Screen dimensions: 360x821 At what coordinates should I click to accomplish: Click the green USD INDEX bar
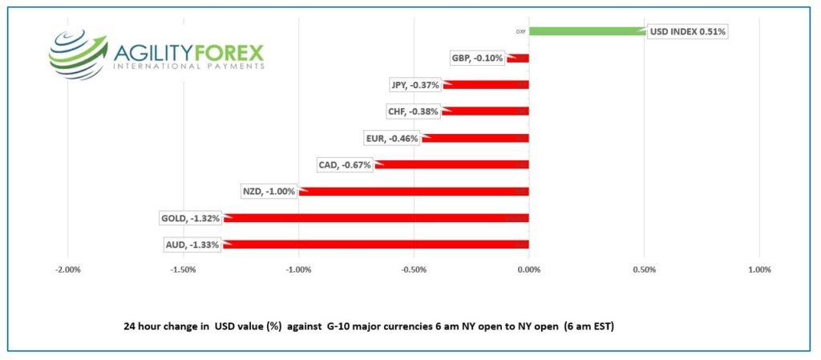(x=587, y=31)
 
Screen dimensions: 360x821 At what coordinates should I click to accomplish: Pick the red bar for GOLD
(x=377, y=218)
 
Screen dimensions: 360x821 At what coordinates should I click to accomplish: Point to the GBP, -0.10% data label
(x=479, y=58)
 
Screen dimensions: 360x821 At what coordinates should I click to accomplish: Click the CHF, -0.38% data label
(x=413, y=111)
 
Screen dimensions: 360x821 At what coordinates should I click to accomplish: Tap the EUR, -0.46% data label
(x=393, y=139)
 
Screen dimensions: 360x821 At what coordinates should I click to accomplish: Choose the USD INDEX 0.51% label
(x=688, y=32)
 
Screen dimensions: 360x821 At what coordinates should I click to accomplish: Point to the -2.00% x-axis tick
(x=68, y=270)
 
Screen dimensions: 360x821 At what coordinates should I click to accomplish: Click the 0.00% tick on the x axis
(x=529, y=270)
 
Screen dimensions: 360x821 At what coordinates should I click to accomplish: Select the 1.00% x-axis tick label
(x=759, y=270)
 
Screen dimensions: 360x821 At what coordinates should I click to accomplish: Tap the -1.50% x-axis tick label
(x=184, y=270)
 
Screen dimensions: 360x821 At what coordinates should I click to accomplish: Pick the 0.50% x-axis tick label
(x=645, y=270)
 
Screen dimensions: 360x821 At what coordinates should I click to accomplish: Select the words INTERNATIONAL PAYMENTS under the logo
(x=189, y=67)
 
